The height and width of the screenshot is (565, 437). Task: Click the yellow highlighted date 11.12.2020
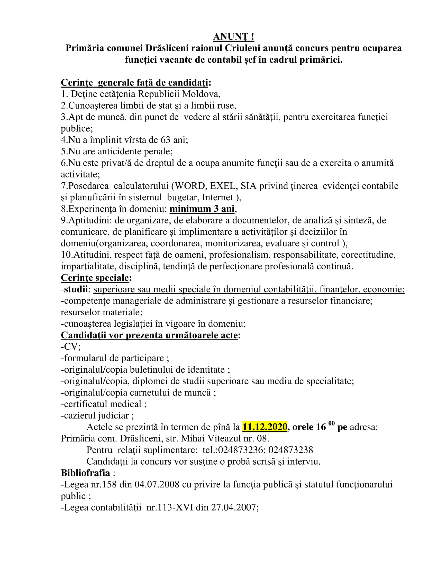(265, 427)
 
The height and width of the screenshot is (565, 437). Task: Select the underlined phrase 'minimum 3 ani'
(202, 209)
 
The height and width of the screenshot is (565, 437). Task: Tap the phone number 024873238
(290, 450)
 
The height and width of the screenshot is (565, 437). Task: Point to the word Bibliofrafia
(85, 473)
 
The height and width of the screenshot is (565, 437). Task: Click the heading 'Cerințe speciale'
(95, 278)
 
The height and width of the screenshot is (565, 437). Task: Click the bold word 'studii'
(76, 289)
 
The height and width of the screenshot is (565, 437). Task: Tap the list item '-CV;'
(71, 346)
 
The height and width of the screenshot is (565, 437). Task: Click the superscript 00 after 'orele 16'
(331, 423)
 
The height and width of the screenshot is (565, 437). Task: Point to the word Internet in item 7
(217, 197)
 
